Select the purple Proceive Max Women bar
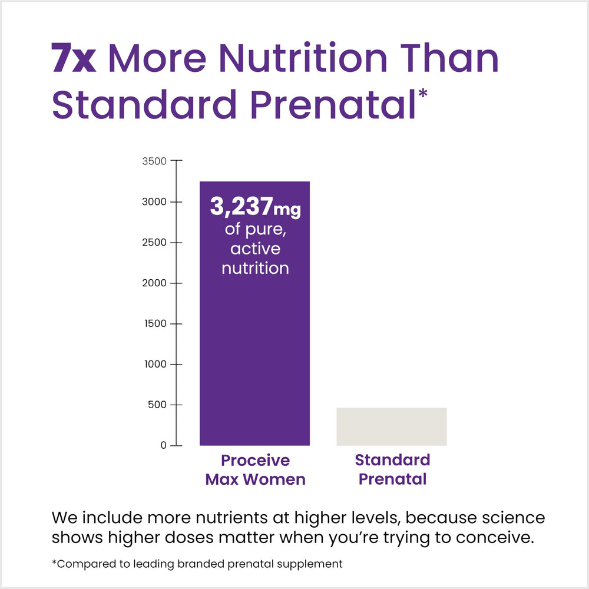tap(254, 353)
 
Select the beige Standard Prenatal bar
tap(391, 426)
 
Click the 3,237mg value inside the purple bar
tap(255, 207)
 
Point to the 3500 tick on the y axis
tap(155, 161)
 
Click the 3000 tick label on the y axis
tap(155, 201)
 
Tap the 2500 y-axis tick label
tap(155, 242)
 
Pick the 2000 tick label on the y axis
tap(155, 283)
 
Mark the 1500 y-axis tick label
tap(155, 323)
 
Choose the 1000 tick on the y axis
tap(155, 364)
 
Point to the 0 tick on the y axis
tap(164, 445)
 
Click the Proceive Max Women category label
tap(255, 469)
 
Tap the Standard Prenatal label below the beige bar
tap(392, 469)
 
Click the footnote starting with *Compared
tap(197, 564)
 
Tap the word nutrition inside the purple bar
tap(255, 268)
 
